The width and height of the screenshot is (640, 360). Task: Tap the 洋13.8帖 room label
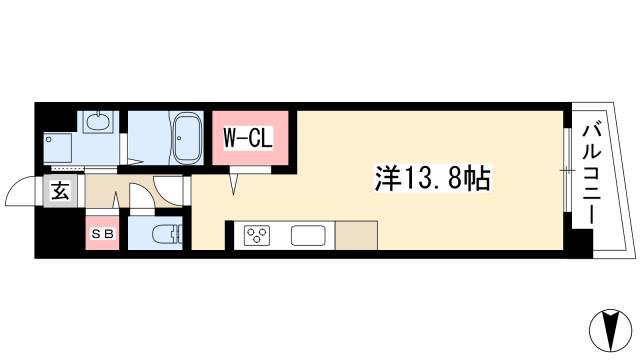pyautogui.click(x=433, y=181)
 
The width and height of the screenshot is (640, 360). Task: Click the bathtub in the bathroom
pyautogui.click(x=187, y=139)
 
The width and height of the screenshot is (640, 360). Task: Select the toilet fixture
pyautogui.click(x=164, y=235)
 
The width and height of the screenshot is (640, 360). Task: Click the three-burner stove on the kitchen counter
pyautogui.click(x=257, y=236)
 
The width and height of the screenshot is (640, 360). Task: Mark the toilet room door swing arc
pyautogui.click(x=142, y=196)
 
